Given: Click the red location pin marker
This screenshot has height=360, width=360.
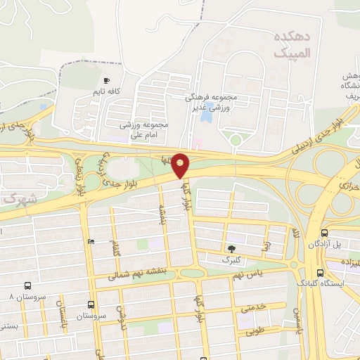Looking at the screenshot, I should click(181, 165).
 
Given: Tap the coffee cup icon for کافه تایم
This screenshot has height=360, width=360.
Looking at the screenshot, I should click(107, 80).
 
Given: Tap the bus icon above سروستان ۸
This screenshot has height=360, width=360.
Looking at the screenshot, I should click(27, 286).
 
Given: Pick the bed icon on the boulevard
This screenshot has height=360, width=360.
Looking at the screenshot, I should click(90, 242).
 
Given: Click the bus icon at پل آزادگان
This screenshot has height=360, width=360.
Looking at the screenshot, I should click(324, 233).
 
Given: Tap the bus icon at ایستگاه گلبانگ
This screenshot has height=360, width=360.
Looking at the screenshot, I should click(320, 273).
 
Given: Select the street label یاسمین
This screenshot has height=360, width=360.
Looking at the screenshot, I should click(298, 320).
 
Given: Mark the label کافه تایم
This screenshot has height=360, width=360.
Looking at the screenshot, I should click(106, 91).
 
